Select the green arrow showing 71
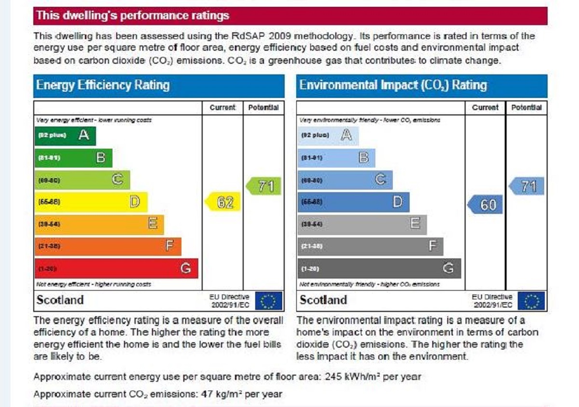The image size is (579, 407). [264, 186]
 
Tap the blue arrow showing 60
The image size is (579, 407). [485, 205]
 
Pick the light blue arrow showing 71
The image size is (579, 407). [527, 186]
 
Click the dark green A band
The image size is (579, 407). [65, 136]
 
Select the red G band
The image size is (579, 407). [116, 268]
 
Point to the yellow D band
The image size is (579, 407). [91, 202]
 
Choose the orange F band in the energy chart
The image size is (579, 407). [108, 246]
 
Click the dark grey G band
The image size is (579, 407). [379, 268]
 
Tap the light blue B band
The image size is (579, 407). [336, 157]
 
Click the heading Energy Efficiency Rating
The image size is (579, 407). [103, 86]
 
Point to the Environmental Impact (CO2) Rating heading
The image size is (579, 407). [393, 86]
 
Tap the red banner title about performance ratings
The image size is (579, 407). [133, 15]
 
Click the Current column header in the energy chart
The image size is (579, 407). [222, 108]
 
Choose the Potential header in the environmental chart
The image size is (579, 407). [526, 108]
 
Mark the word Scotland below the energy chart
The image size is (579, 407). [60, 300]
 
